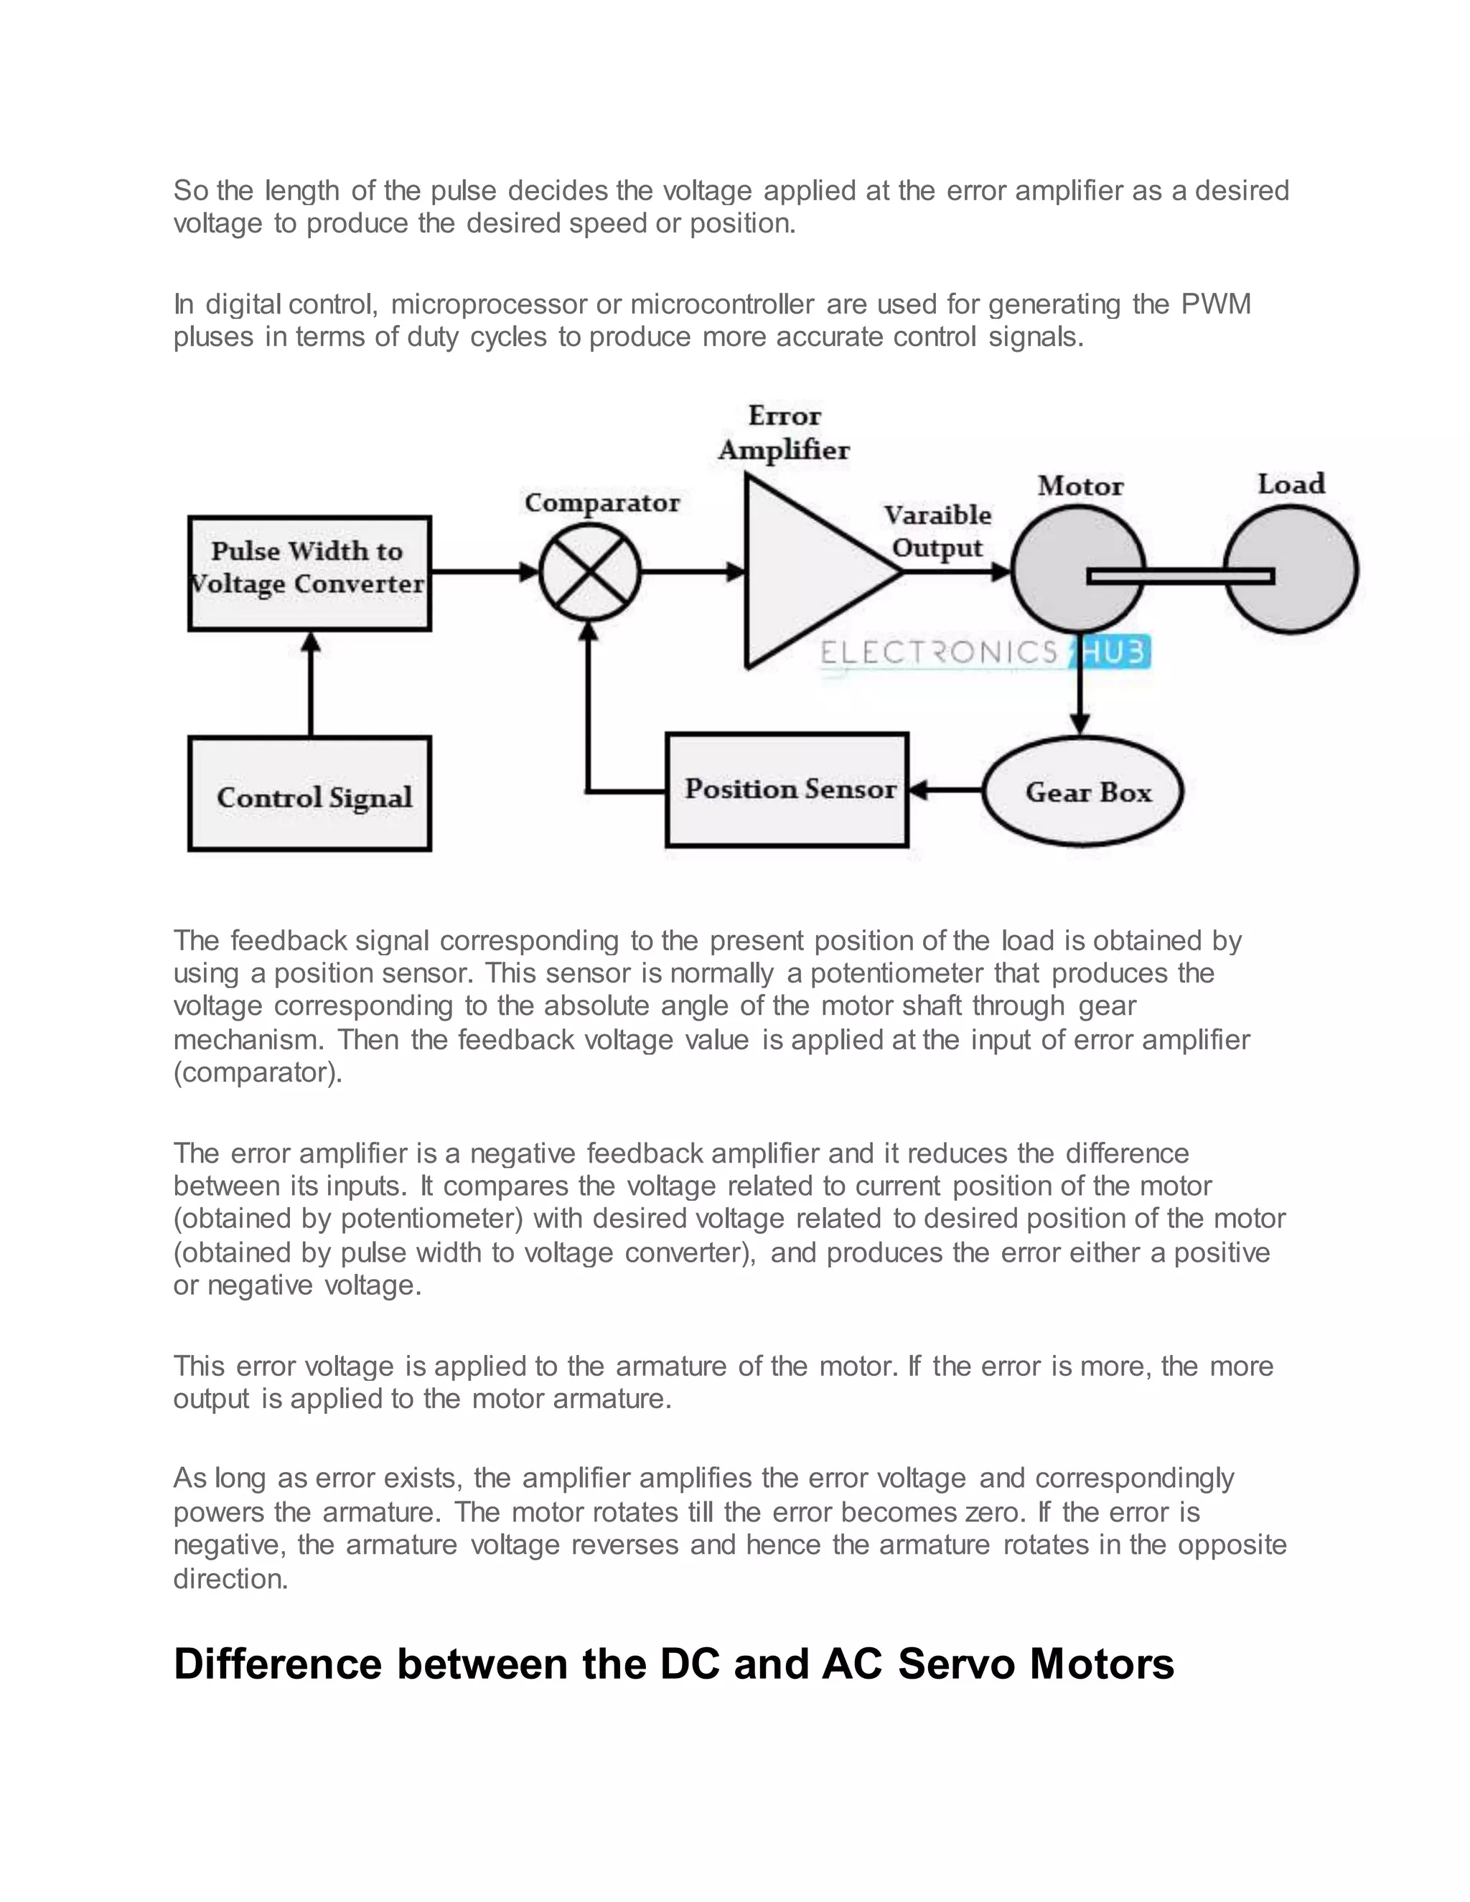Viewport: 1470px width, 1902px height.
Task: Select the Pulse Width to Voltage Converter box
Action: click(309, 572)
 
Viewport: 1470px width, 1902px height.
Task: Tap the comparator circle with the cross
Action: click(589, 572)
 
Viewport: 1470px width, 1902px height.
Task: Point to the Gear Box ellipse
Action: click(1082, 792)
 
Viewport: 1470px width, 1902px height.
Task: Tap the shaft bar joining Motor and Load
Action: click(1181, 576)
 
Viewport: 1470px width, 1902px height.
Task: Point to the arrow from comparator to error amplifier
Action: click(693, 572)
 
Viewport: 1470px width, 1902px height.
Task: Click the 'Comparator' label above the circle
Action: click(601, 502)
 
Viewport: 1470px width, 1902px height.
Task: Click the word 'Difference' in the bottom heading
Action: click(278, 1664)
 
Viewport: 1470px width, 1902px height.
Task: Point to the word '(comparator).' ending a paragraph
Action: click(258, 1072)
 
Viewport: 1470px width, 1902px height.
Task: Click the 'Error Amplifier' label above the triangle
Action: click(784, 433)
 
